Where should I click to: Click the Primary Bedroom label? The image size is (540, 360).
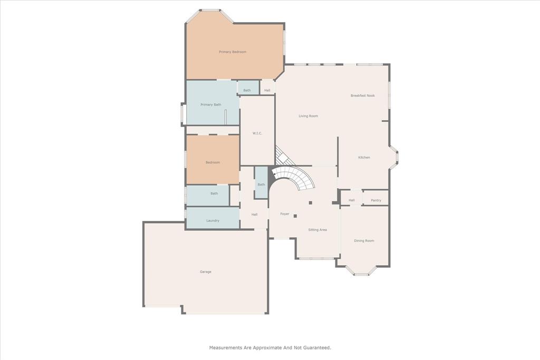click(x=233, y=52)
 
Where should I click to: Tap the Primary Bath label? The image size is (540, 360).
click(x=211, y=104)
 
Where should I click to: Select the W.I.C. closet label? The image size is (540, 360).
click(x=257, y=133)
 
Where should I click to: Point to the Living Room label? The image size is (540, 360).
click(x=308, y=116)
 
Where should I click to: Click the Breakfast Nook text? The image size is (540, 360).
click(x=363, y=95)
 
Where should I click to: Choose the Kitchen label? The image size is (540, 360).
click(x=364, y=158)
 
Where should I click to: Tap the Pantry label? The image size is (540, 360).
click(x=376, y=200)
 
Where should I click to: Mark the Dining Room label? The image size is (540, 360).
click(x=364, y=240)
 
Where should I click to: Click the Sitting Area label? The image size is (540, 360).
click(x=317, y=230)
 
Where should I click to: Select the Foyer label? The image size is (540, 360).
click(x=285, y=214)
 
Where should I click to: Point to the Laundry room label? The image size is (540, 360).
click(x=213, y=220)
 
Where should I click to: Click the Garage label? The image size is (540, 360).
click(x=206, y=271)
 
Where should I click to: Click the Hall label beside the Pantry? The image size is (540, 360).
click(x=352, y=200)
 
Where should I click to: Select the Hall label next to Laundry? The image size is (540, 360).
click(x=254, y=215)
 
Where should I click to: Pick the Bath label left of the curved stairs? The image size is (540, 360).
click(x=261, y=184)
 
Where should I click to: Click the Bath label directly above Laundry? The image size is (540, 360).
click(x=214, y=193)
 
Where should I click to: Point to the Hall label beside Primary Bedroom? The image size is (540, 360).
click(x=267, y=90)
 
